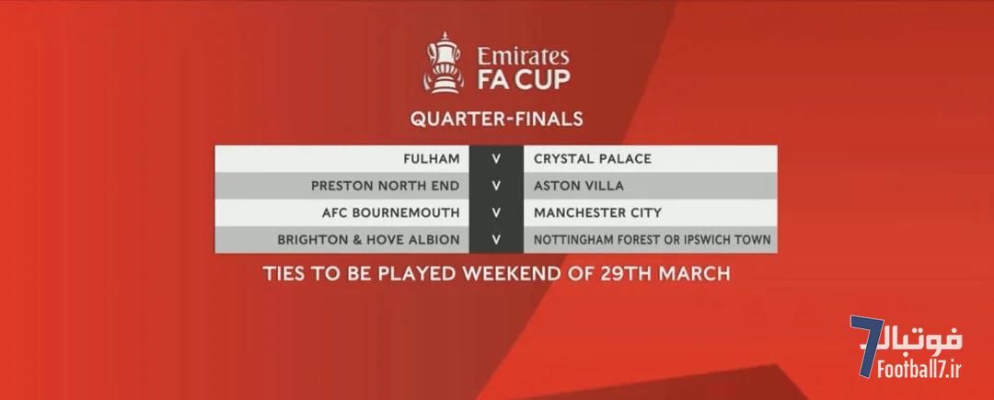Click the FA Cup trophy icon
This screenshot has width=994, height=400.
tap(443, 63)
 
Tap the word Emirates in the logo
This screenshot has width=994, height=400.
tap(523, 56)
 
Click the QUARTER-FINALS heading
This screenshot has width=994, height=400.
tap(496, 119)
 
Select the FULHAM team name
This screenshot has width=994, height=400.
tap(432, 159)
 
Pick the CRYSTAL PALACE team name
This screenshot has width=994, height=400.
tap(592, 159)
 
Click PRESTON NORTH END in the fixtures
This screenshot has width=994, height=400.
tap(386, 186)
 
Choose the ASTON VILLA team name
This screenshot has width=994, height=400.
tap(578, 186)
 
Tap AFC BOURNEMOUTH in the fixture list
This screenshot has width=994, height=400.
tap(390, 212)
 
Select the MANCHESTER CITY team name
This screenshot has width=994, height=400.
tap(597, 212)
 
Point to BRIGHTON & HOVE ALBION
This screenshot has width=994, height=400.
tap(368, 240)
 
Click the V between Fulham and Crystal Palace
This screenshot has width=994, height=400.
tap(496, 159)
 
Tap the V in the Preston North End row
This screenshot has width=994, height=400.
tap(496, 186)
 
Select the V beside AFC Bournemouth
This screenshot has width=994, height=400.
tap(496, 212)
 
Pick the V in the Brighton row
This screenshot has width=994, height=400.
tap(496, 240)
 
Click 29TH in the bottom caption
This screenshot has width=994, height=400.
tap(624, 273)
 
